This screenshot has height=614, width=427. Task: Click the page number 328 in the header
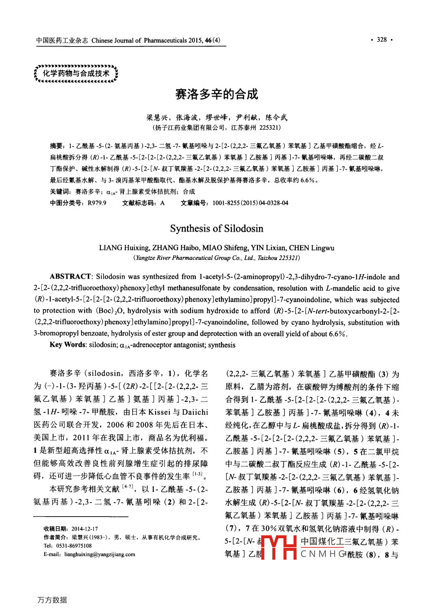coord(381,40)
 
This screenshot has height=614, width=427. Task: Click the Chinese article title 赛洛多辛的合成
coord(216,94)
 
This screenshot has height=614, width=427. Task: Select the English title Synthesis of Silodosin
coord(216,229)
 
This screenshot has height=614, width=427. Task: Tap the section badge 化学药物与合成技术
coord(76,74)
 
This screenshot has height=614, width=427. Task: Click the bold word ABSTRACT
coord(70,277)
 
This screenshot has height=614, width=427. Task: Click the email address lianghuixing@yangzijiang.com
coord(99,554)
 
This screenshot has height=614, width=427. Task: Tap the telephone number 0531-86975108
coord(73,546)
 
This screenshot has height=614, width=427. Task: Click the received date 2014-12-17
coord(85,529)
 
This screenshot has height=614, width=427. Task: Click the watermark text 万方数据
coord(52,600)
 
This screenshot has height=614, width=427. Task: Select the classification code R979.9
coord(97,203)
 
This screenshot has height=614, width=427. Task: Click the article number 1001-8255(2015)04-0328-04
coord(250,203)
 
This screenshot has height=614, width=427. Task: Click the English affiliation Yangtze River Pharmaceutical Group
coord(189,258)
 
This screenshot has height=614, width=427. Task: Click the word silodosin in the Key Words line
coord(103,345)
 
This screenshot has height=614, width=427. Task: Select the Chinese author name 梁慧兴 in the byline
coord(156,118)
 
